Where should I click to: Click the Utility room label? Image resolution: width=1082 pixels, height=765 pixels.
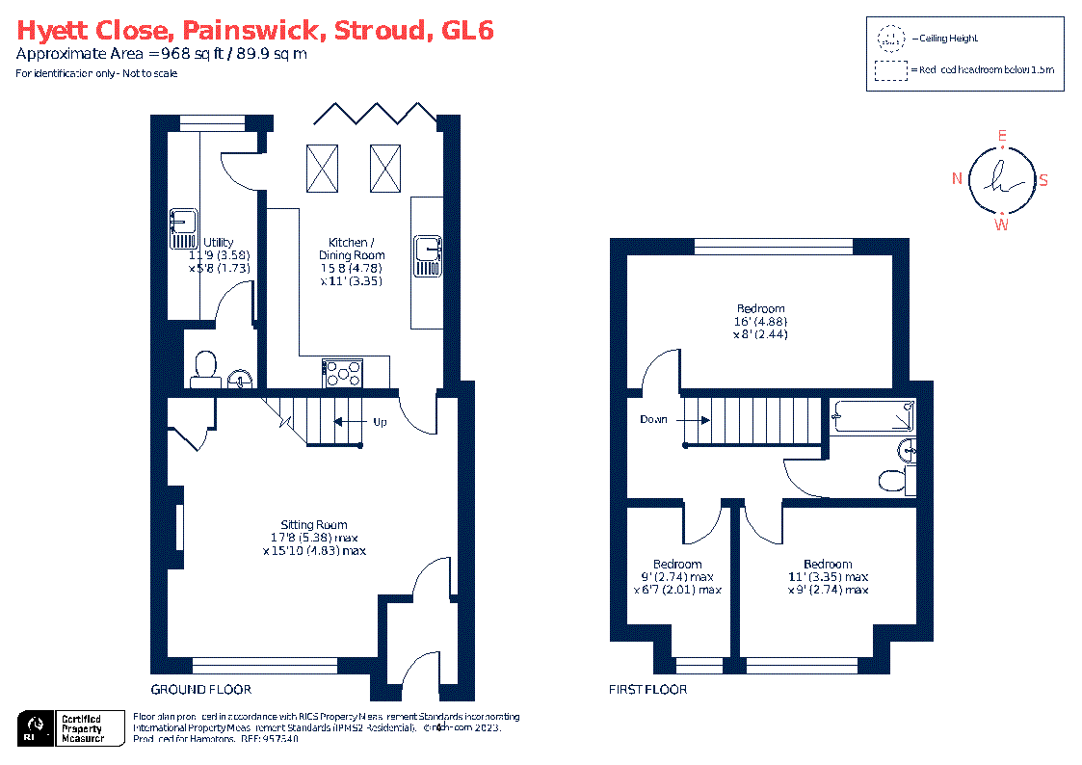click(x=217, y=243)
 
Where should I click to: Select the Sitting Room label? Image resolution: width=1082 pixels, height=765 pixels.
click(x=314, y=525)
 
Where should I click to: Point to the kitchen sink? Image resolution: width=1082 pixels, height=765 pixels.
click(x=428, y=255)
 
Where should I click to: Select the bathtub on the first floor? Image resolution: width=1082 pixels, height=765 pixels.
click(x=873, y=416)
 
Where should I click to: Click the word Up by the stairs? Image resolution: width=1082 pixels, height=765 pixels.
click(x=380, y=422)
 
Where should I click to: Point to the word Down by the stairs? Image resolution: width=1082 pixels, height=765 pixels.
click(x=654, y=420)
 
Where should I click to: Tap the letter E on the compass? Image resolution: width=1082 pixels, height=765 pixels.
click(x=1002, y=137)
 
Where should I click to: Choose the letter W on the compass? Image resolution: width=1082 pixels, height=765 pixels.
click(x=1002, y=224)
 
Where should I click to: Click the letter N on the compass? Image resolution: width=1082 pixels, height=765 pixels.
click(x=957, y=178)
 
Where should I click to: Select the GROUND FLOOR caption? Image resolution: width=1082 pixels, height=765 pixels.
click(x=201, y=689)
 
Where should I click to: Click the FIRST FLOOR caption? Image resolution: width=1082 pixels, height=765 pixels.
click(x=647, y=689)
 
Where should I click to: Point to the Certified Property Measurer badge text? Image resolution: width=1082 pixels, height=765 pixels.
click(x=83, y=728)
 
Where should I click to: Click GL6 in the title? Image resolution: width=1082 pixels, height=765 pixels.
click(x=466, y=31)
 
